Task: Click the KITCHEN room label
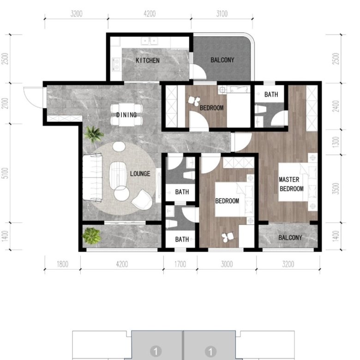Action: [148, 60]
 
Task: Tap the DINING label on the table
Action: [126, 114]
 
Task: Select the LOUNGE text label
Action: [140, 174]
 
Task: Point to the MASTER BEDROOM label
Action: [291, 184]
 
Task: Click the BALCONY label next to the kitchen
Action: [222, 60]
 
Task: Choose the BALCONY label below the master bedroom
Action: [290, 237]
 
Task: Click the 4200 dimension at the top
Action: [150, 14]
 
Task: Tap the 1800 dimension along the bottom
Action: [62, 264]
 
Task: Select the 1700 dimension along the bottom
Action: [180, 264]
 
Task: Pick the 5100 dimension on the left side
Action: [5, 173]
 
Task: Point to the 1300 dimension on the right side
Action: [336, 142]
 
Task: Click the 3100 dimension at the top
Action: [222, 14]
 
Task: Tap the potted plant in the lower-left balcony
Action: [91, 235]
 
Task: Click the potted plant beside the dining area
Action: [93, 134]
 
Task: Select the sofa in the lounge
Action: [92, 178]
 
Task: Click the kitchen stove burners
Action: [116, 64]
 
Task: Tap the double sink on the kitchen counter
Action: [150, 42]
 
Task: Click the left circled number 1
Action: [156, 351]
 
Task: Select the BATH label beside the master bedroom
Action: [271, 94]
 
